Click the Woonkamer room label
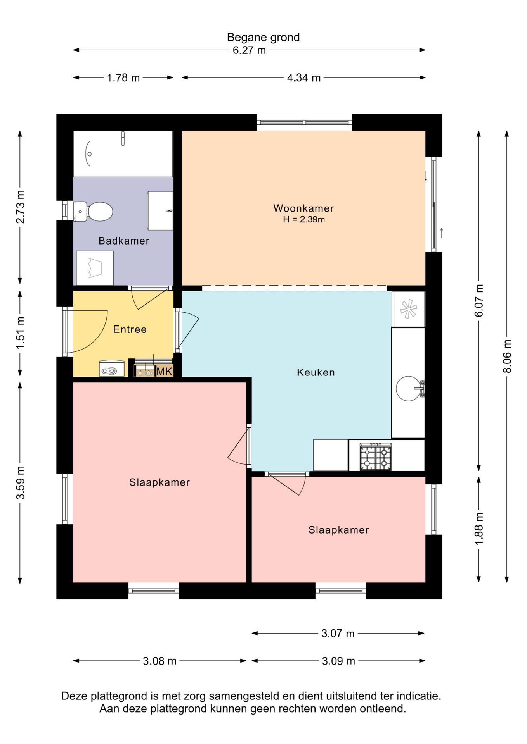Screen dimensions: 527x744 point(303,208)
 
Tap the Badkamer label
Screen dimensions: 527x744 point(124,241)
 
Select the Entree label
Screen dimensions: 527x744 point(130,329)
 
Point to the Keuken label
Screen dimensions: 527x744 point(316,372)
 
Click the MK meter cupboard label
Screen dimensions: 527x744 point(164,371)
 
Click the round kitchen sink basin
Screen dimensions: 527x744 point(408,388)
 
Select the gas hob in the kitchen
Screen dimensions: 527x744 point(376,457)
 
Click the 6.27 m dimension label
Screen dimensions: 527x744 point(249,50)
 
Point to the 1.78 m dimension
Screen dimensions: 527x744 point(123,78)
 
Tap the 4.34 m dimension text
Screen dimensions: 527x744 point(304,78)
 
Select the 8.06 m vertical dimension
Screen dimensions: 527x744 point(507,356)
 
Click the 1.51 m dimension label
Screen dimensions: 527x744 point(20,332)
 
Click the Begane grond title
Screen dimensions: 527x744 point(263,37)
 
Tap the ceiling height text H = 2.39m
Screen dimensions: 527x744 point(304,220)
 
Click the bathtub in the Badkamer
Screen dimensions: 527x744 point(123,154)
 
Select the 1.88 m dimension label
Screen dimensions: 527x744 point(479,529)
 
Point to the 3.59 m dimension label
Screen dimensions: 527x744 point(20,482)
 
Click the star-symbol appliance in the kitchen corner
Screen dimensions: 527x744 point(409,309)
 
